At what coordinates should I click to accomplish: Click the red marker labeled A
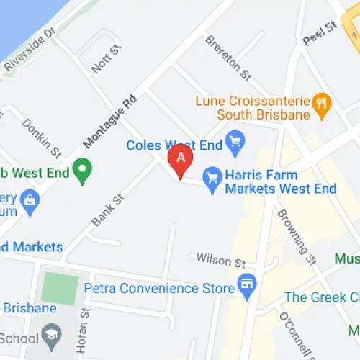click(x=180, y=161)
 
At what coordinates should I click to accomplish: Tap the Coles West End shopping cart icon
click(x=234, y=143)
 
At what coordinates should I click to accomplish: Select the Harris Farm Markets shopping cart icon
click(x=212, y=180)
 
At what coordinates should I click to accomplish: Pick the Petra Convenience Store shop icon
click(x=248, y=287)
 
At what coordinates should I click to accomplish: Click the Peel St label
click(x=320, y=34)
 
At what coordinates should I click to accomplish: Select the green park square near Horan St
click(x=58, y=287)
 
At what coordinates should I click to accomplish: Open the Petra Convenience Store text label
click(x=159, y=288)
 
